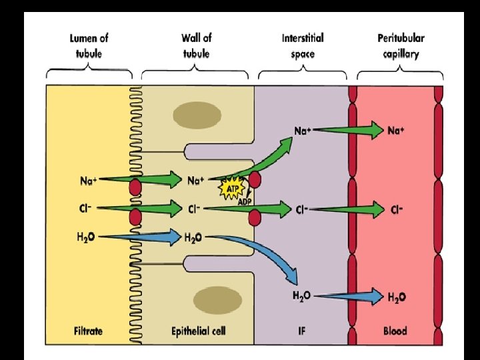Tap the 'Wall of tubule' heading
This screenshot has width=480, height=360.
tap(196, 46)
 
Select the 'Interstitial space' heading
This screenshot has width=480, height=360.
tap(303, 46)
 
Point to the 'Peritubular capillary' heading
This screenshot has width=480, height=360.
tap(401, 46)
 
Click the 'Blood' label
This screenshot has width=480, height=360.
tap(395, 330)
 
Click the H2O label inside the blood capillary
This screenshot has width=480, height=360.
tap(397, 296)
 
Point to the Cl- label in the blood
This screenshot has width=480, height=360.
tap(397, 209)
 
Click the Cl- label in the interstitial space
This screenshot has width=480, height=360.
tap(303, 209)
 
